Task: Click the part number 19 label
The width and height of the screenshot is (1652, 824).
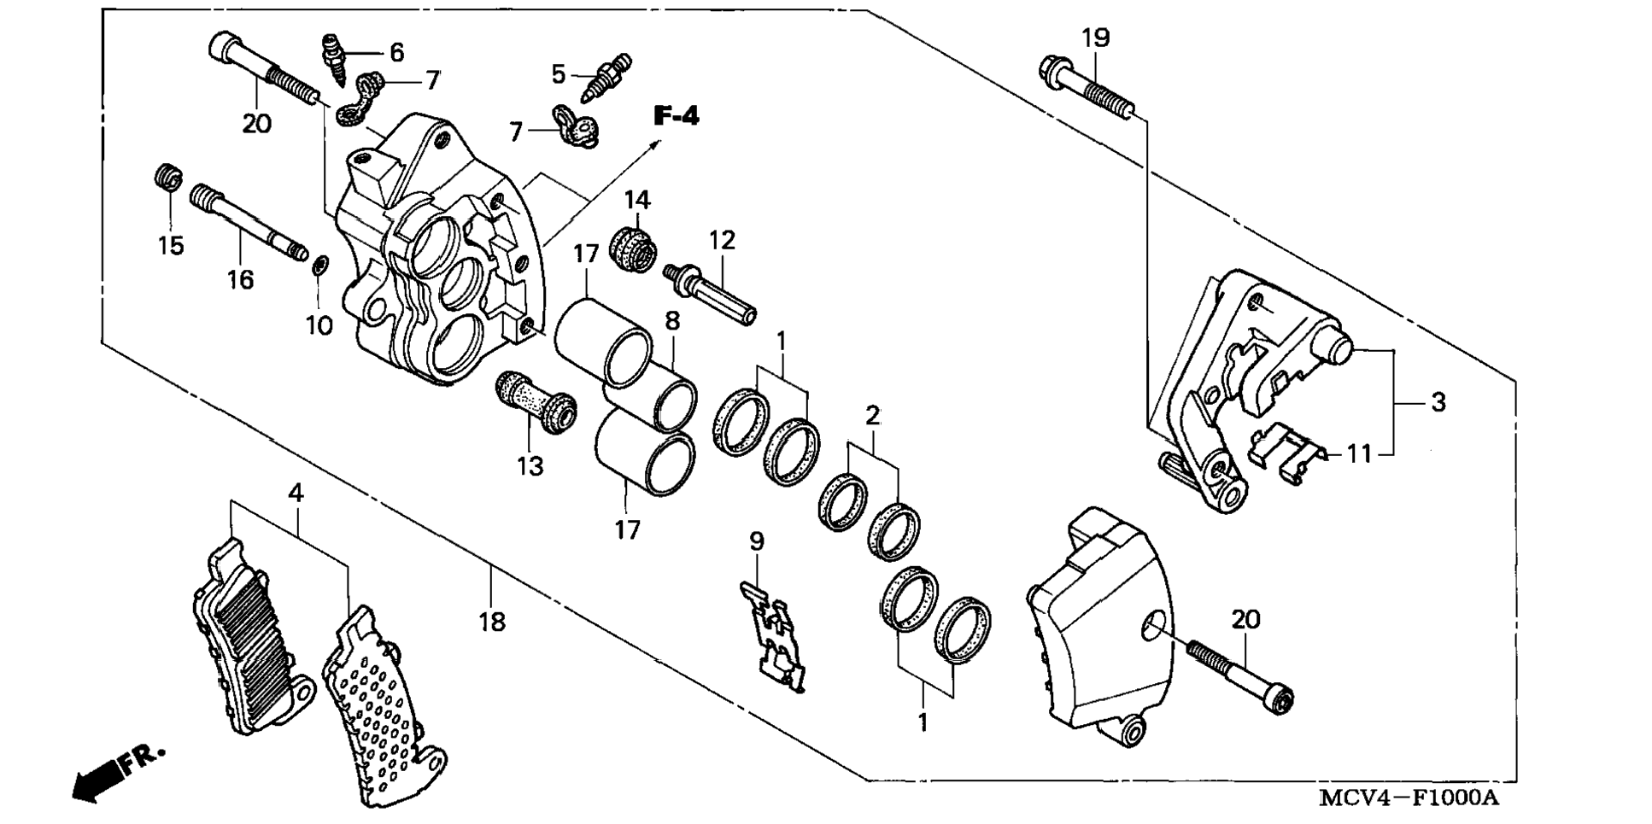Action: click(x=1095, y=38)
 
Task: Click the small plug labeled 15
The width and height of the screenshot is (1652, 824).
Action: click(x=169, y=178)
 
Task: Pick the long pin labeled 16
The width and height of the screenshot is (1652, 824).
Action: click(x=248, y=219)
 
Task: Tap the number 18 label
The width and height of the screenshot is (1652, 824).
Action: click(x=492, y=622)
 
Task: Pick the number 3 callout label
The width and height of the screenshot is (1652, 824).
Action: click(x=1438, y=401)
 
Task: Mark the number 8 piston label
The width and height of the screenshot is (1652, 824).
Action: click(x=673, y=321)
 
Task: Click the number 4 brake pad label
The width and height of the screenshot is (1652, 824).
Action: click(x=296, y=493)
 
